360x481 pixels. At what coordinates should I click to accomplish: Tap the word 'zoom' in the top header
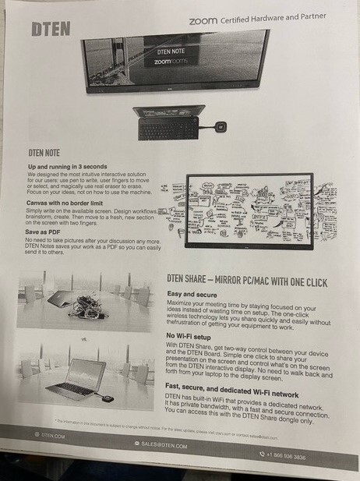pyautogui.click(x=203, y=20)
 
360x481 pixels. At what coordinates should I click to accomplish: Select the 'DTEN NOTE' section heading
pyautogui.click(x=49, y=154)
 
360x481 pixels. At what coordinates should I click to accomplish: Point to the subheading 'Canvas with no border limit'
pyautogui.click(x=65, y=203)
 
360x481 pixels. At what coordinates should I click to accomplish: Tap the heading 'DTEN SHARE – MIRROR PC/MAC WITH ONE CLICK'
pyautogui.click(x=247, y=281)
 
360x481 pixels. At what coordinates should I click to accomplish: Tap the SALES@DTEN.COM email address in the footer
pyautogui.click(x=163, y=444)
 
